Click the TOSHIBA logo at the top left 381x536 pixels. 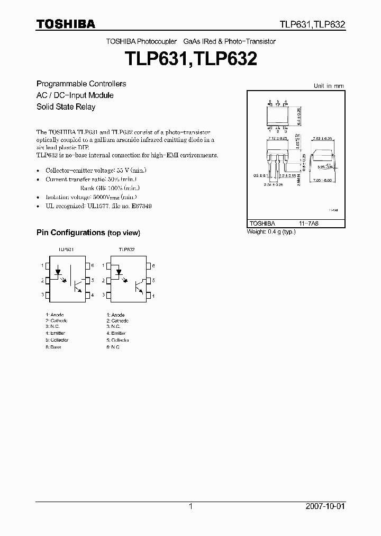[66, 24]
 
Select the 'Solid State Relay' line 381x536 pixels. [66, 106]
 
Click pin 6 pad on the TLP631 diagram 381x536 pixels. [89, 265]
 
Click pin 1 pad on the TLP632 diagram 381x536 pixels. [108, 265]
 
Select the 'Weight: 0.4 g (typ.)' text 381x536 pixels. [271, 232]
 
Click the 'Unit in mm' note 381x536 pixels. [329, 85]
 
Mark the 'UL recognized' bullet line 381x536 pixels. [98, 206]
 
